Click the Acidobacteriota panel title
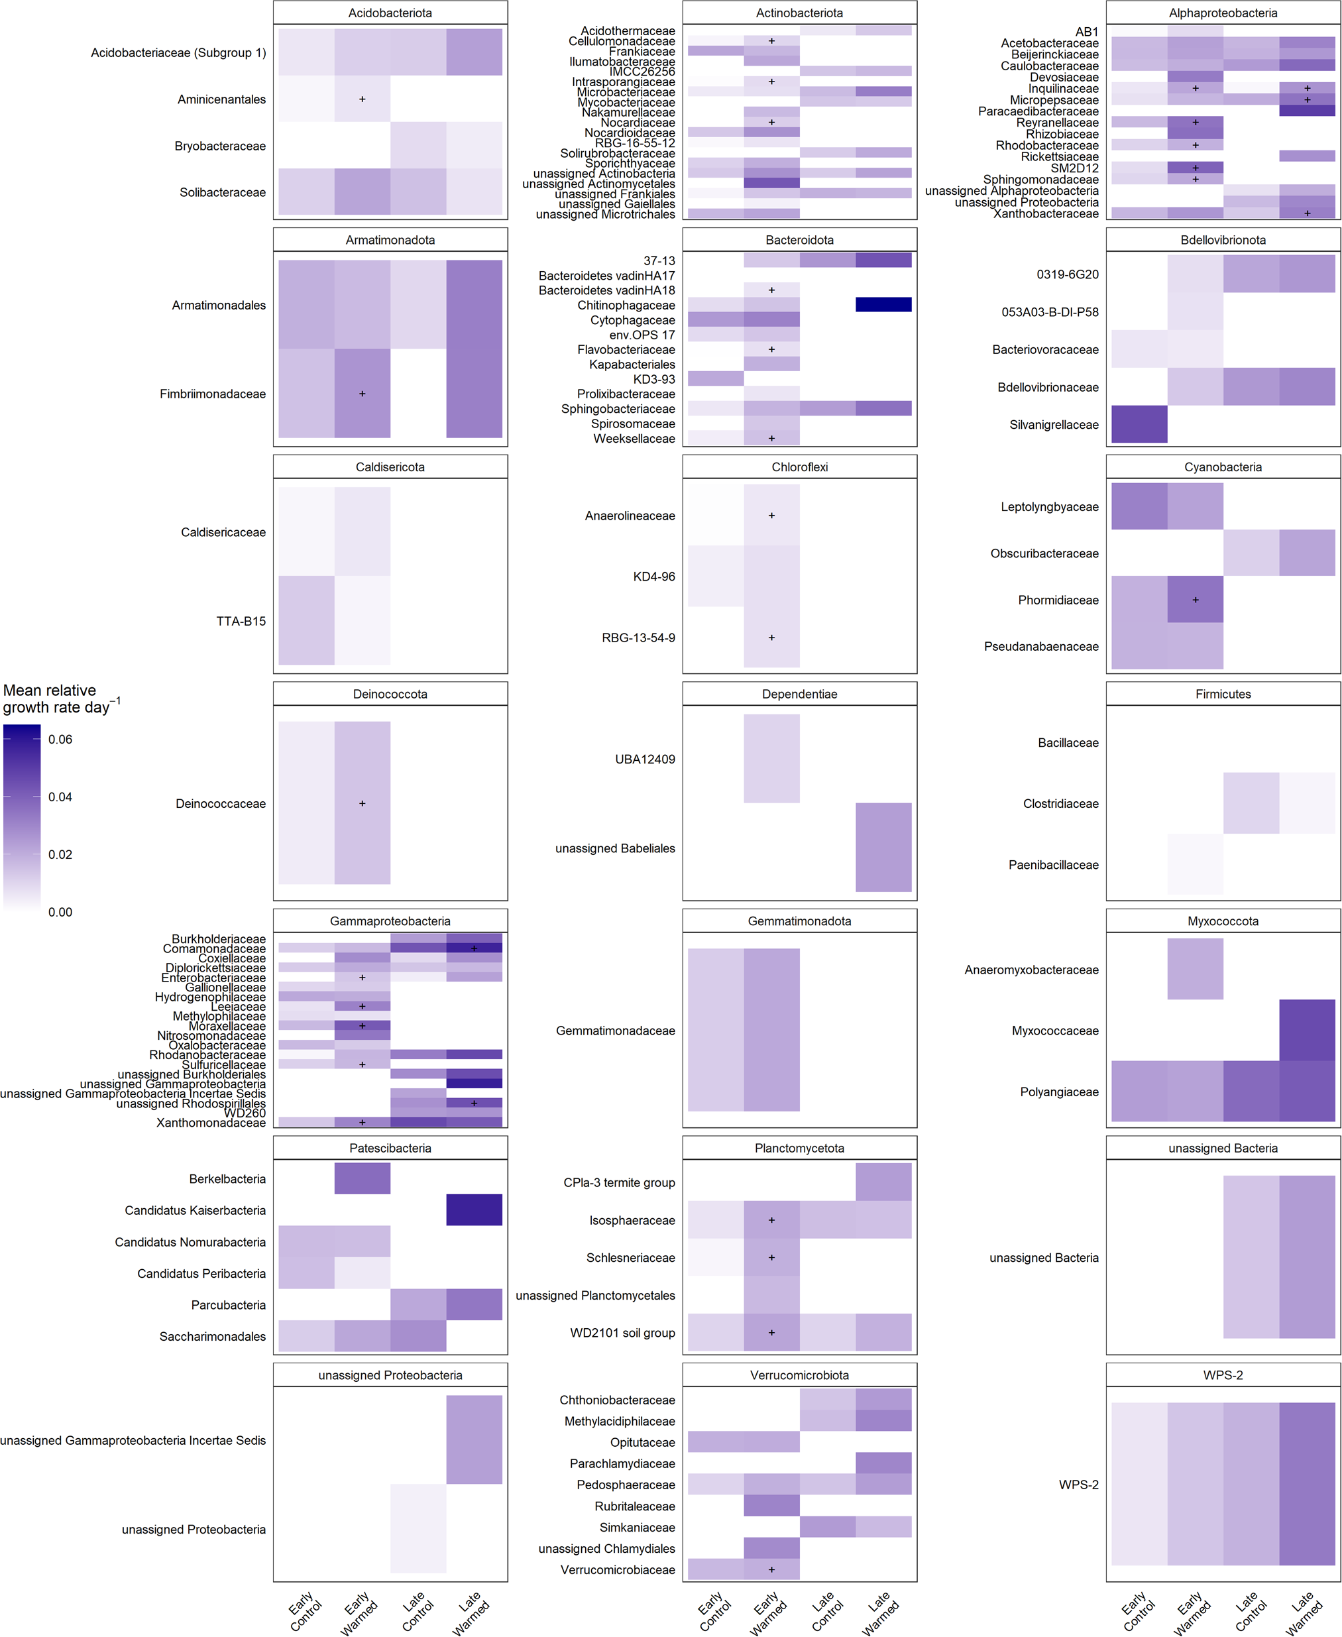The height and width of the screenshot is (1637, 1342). pyautogui.click(x=390, y=13)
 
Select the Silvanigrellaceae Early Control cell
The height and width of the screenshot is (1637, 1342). pyautogui.click(x=1139, y=424)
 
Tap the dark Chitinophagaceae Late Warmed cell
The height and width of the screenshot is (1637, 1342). pyautogui.click(x=883, y=304)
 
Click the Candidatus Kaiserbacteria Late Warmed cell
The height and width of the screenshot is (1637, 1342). pyautogui.click(x=474, y=1210)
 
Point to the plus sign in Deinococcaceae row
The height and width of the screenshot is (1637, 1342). pyautogui.click(x=362, y=804)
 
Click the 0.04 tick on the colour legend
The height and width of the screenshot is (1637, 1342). pyautogui.click(x=60, y=797)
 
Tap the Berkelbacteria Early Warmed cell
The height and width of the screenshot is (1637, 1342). pyautogui.click(x=362, y=1178)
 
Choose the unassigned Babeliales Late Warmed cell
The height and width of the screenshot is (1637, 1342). pyautogui.click(x=883, y=847)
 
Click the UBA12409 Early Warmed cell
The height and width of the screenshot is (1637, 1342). pyautogui.click(x=771, y=758)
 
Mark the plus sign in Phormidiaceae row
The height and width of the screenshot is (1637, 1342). pyautogui.click(x=1195, y=600)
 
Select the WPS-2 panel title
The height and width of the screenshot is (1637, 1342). pyautogui.click(x=1222, y=1375)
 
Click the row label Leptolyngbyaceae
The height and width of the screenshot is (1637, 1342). pyautogui.click(x=1049, y=507)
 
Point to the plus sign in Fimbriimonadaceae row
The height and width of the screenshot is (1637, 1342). pyautogui.click(x=362, y=394)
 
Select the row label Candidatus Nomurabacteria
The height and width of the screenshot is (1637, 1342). pyautogui.click(x=190, y=1242)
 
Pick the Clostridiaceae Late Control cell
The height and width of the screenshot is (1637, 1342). pyautogui.click(x=1250, y=803)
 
